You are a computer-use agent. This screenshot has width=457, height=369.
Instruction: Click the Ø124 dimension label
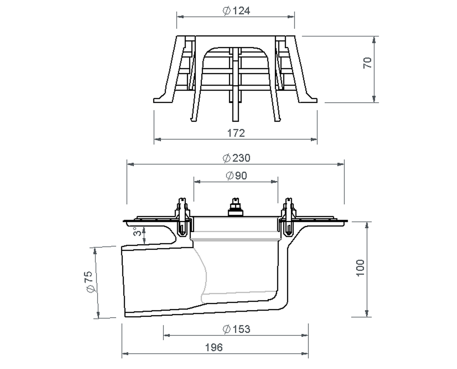click(x=236, y=11)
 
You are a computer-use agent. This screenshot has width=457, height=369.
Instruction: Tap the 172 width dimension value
click(x=236, y=133)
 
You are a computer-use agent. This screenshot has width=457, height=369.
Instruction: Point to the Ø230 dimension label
click(x=236, y=158)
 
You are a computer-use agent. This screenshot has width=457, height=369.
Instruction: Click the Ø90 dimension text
click(x=236, y=176)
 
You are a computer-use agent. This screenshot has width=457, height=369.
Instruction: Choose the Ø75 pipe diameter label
click(x=89, y=282)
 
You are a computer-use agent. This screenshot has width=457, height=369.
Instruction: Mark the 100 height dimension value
click(x=360, y=268)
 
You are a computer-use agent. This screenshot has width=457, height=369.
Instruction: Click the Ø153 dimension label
click(x=236, y=329)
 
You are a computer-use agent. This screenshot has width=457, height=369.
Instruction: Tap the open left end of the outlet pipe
click(x=123, y=282)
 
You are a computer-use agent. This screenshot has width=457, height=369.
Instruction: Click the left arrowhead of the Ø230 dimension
click(x=129, y=164)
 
